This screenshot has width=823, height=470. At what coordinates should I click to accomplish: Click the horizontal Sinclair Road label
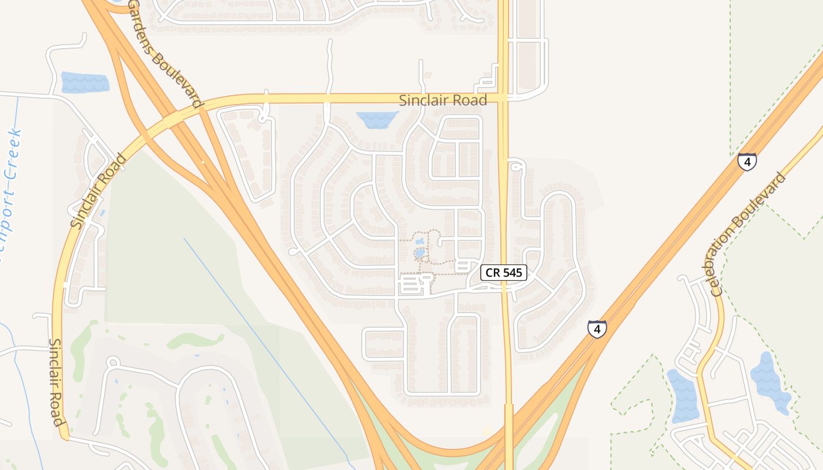pos(443,100)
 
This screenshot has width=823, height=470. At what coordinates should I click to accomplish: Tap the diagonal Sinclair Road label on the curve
pos(98,191)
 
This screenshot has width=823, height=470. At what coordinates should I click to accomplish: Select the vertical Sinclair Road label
pos(56,382)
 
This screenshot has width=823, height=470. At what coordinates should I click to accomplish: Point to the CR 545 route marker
pos(503,273)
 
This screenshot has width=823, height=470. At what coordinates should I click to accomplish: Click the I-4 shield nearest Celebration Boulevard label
pos(747,162)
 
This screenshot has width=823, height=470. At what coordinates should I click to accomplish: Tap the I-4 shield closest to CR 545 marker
pos(597,329)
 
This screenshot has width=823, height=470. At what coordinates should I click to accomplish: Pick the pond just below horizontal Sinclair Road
pos(377,120)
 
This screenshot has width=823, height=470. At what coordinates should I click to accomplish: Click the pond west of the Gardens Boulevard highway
pos(85,82)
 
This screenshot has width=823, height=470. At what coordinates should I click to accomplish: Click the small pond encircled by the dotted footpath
pos(420,253)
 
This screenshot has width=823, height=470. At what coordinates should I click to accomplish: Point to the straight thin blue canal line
pos(265,341)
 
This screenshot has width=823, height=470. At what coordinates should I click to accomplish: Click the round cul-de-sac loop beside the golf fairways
pos(113,362)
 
